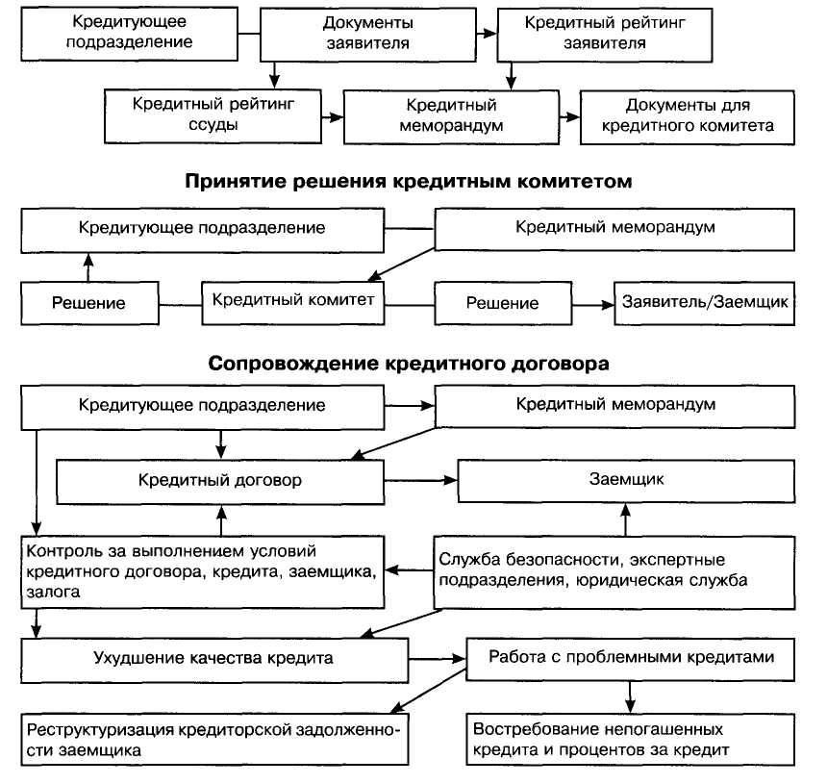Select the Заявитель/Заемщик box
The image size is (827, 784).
pos(705,302)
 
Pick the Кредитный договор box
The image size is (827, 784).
pos(219,478)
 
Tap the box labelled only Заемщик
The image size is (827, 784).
pos(624,478)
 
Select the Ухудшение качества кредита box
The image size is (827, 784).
pos(213,659)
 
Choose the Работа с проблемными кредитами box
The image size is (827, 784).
pos(631,658)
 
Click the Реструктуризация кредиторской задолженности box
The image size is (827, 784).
pos(213,738)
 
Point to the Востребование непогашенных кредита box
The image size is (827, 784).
pos(631,738)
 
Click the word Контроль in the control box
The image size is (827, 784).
pos(63,551)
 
